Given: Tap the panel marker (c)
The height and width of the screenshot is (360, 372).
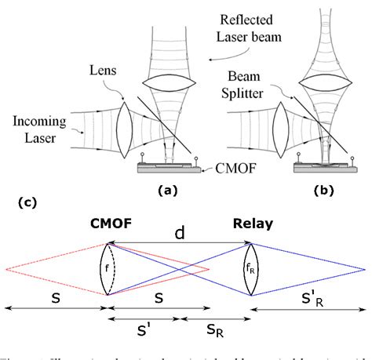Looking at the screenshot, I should click(25, 202).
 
